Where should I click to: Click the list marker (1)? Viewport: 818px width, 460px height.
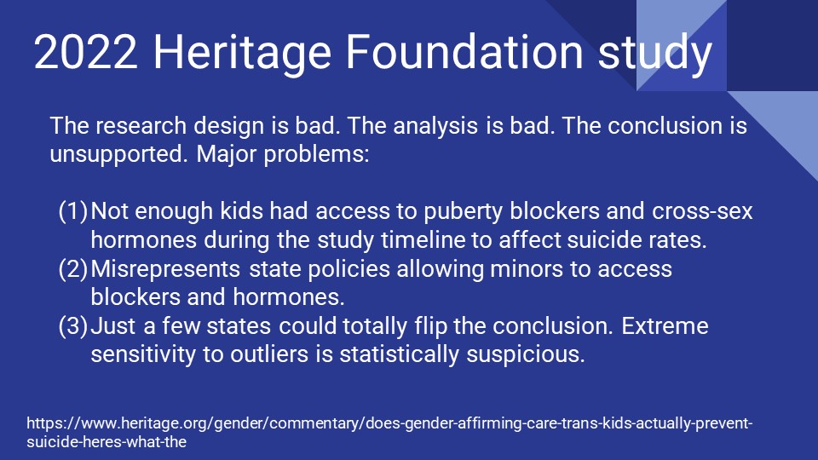point(72,211)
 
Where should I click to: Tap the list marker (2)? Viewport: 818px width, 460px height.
point(72,269)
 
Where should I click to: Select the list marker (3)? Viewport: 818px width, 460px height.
point(72,327)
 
